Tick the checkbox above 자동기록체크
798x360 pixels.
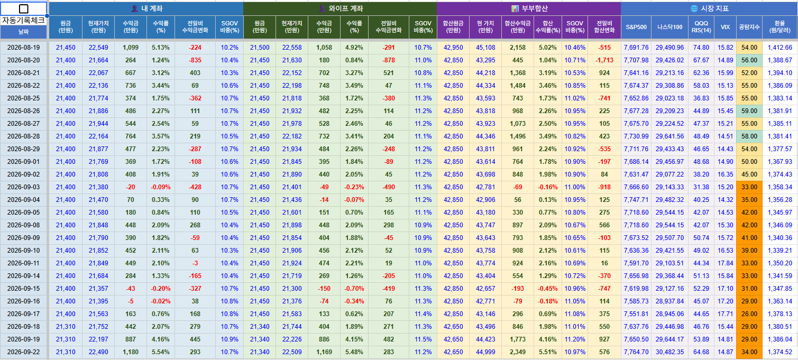point(23,8)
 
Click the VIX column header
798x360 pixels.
point(725,27)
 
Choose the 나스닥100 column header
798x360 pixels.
point(669,27)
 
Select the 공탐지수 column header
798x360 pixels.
point(749,27)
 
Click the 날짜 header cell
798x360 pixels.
point(23,32)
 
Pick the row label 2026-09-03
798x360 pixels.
point(23,187)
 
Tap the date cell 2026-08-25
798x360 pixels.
point(23,98)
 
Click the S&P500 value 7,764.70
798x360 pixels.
point(636,352)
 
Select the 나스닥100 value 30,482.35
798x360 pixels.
point(669,352)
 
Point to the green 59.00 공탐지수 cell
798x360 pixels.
point(749,111)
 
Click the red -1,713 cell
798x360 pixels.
point(604,60)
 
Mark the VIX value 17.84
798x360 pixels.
point(726,263)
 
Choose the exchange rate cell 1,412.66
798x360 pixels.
point(780,48)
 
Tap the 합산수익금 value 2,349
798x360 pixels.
point(518,352)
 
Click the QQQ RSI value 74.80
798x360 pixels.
point(701,48)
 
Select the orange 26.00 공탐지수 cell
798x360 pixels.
point(749,313)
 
